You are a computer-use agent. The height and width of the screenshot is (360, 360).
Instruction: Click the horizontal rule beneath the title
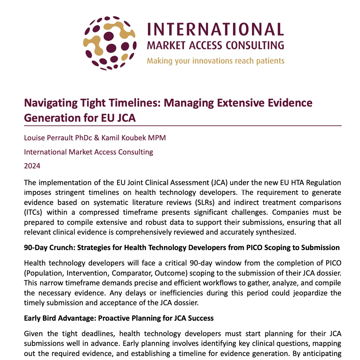click(x=183, y=126)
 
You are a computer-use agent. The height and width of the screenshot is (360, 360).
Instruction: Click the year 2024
click(x=32, y=166)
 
